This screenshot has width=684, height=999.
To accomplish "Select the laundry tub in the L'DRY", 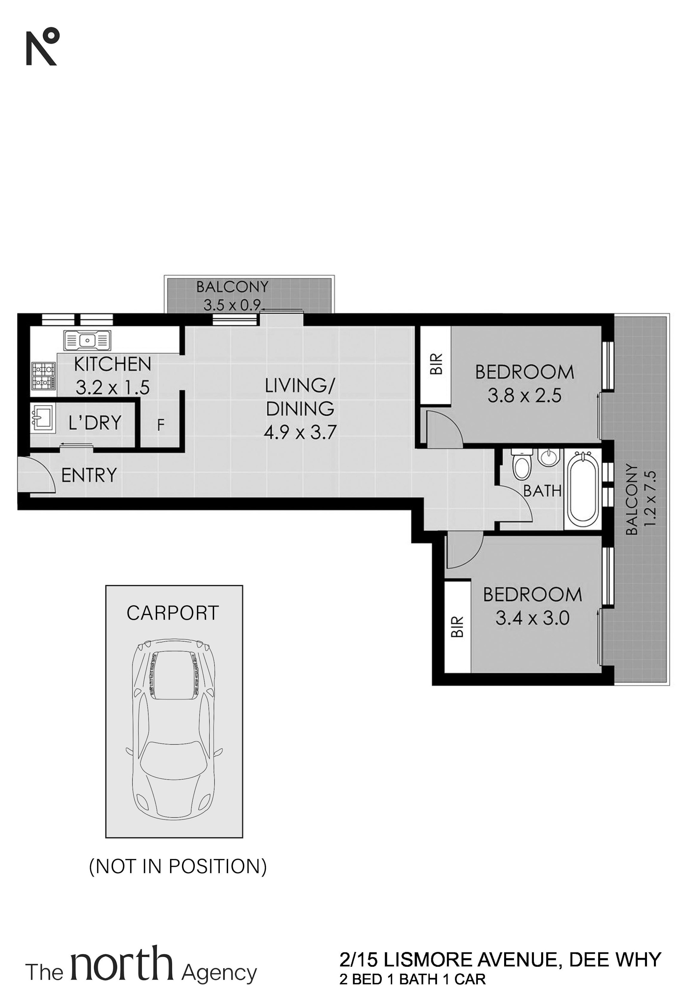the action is (42, 418).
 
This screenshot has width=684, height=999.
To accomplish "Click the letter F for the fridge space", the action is (161, 425).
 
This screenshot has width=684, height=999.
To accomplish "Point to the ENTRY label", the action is (89, 475).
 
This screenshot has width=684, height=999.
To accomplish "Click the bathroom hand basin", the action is (548, 457).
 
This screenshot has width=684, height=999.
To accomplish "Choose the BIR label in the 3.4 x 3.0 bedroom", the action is (458, 627).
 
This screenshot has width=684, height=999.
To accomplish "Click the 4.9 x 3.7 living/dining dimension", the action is (300, 432).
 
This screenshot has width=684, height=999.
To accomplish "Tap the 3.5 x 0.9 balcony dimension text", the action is (232, 305).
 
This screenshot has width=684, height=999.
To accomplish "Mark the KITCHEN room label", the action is (113, 364).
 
